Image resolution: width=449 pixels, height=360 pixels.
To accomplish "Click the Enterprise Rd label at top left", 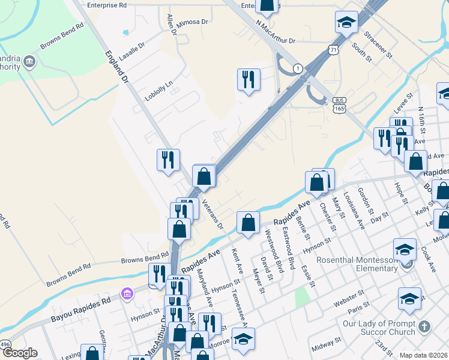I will [107, 5].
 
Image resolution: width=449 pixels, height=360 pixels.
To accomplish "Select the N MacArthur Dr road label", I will [276, 33].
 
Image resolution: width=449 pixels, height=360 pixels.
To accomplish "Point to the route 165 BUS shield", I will [340, 106].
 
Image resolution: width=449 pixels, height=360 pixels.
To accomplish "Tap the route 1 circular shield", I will [297, 68].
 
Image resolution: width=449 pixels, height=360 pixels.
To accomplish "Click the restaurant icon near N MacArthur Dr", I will [249, 79].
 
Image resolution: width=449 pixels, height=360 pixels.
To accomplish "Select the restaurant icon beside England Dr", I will [168, 159].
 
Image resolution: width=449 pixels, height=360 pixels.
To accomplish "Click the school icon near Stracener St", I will [346, 22].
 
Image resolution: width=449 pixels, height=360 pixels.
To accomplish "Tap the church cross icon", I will [424, 327].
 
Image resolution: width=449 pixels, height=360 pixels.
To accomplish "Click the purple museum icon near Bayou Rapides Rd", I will [127, 294].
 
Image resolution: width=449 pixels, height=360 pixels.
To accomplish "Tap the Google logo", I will [20, 353].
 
